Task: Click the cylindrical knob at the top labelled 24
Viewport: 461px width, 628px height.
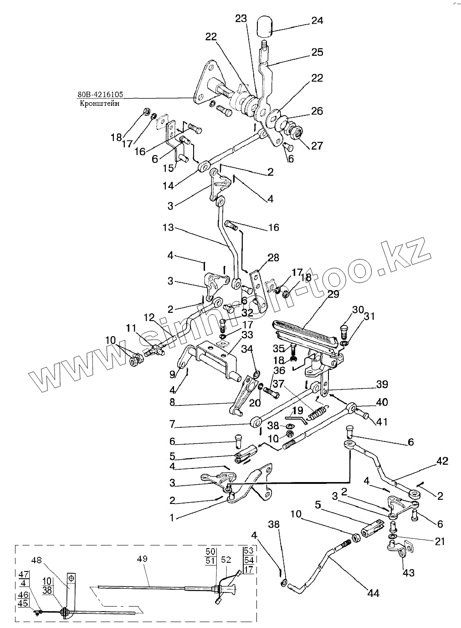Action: [264, 26]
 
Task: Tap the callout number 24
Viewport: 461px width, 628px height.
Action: [317, 21]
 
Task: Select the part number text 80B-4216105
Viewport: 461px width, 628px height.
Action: [100, 94]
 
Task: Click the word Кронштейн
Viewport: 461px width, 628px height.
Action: [99, 104]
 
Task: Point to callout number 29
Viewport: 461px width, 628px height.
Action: [333, 294]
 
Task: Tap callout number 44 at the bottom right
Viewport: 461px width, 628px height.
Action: [373, 593]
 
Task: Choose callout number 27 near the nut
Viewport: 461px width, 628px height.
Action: [317, 145]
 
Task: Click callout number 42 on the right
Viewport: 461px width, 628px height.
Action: [442, 461]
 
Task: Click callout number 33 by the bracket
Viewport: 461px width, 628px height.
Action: [247, 335]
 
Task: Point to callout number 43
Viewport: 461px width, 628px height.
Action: [409, 572]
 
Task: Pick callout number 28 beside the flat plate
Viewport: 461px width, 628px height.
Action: [273, 258]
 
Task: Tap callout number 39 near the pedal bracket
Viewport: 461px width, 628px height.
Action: [382, 384]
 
